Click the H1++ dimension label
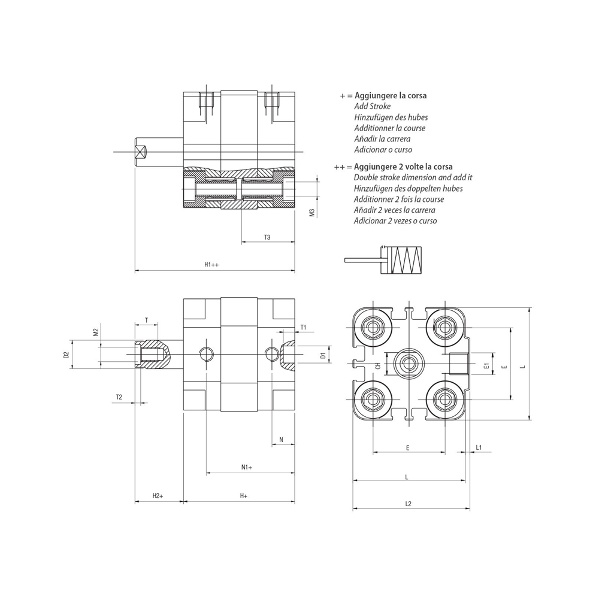tap(211, 264)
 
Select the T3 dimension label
tap(267, 237)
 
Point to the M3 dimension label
tap(312, 212)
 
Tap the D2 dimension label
tap(66, 355)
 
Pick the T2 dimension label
tap(119, 397)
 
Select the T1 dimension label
tap(303, 328)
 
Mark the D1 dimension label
tap(323, 356)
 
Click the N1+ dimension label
tap(247, 467)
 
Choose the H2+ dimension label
tap(158, 496)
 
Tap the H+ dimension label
tap(244, 496)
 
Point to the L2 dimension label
tap(408, 504)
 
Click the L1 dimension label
tap(479, 447)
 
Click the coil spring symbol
tap(406, 260)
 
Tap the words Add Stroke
tap(372, 107)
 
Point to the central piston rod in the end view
tap(409, 362)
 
